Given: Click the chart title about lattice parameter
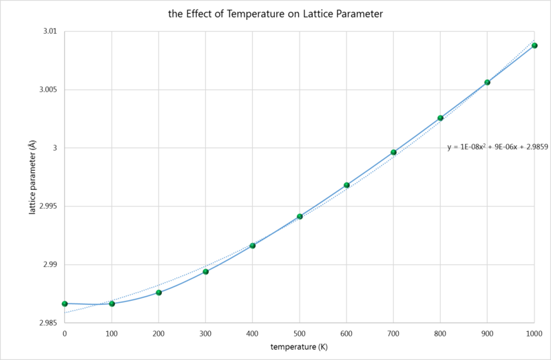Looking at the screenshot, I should (275, 13).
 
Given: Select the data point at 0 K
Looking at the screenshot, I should (65, 304).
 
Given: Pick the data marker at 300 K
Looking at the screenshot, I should (205, 272).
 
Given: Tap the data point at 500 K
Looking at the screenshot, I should (300, 216).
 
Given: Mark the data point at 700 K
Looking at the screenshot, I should (393, 152).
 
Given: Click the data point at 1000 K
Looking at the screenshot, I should (534, 45).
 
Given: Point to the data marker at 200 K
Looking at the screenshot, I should (158, 293).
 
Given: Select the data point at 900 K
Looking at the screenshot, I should (488, 83).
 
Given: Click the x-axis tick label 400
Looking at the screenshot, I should (253, 334).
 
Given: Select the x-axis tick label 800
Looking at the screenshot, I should (441, 334).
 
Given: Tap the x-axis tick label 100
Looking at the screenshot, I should (112, 334).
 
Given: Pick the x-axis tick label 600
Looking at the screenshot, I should (346, 334).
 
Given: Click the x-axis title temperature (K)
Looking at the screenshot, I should (298, 348).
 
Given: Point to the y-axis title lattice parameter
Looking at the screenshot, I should (32, 178).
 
